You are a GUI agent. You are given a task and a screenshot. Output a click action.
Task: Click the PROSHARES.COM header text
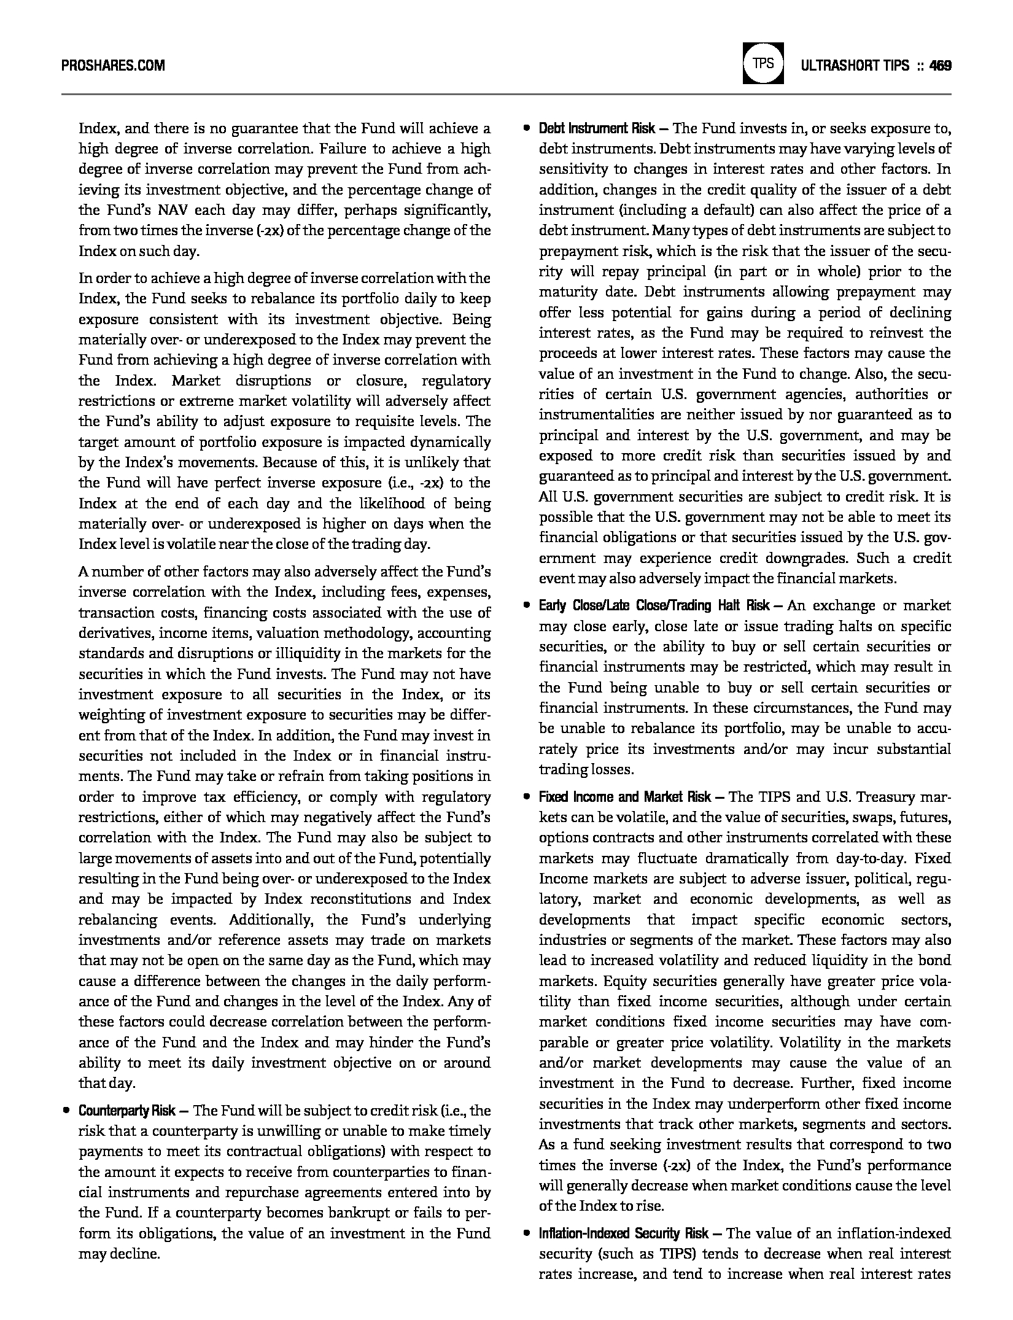tap(113, 65)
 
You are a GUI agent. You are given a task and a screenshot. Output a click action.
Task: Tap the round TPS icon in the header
tap(763, 63)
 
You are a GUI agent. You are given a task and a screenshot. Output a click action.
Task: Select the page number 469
tap(941, 65)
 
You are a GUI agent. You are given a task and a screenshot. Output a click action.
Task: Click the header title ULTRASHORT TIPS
tap(855, 65)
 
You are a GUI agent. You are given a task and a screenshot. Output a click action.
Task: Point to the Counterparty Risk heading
tap(127, 1111)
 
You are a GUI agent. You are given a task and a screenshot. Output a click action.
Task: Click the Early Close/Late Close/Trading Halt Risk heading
tap(654, 606)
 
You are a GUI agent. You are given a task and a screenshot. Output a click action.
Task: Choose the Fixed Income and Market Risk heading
tap(625, 797)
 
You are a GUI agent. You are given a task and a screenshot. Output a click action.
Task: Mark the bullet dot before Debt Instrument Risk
tap(526, 128)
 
